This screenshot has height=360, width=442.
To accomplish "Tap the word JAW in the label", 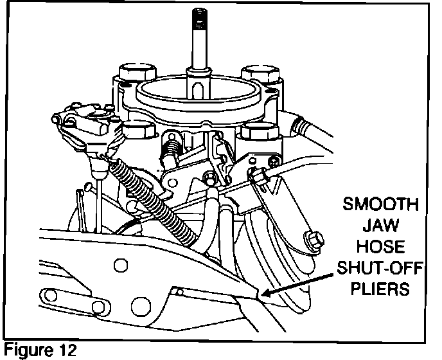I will pos(382,227).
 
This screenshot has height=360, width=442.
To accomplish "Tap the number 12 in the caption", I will pos(65,351).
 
